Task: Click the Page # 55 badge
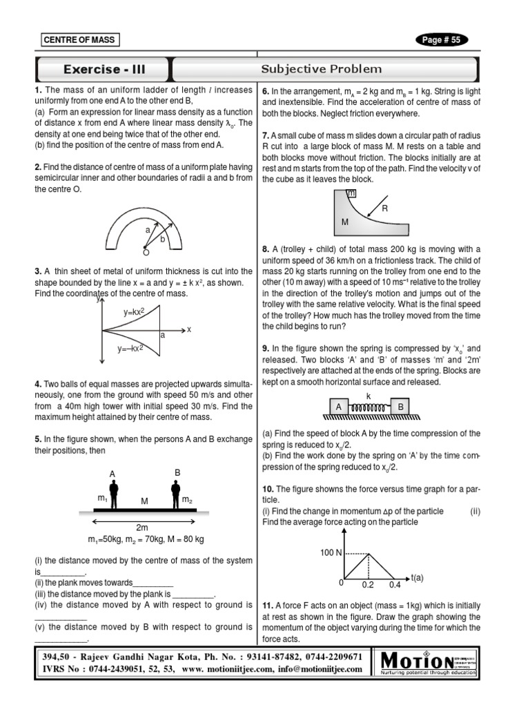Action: click(442, 40)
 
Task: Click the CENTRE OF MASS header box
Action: click(80, 40)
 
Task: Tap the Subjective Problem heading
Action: click(322, 69)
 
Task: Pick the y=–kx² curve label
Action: click(131, 349)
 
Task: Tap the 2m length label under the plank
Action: click(143, 527)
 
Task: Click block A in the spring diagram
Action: click(339, 407)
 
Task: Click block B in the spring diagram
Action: click(400, 407)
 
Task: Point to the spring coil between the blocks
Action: click(369, 408)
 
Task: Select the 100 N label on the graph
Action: click(331, 553)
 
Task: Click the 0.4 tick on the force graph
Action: click(394, 585)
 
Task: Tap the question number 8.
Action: click(265, 249)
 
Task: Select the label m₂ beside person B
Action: click(186, 498)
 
